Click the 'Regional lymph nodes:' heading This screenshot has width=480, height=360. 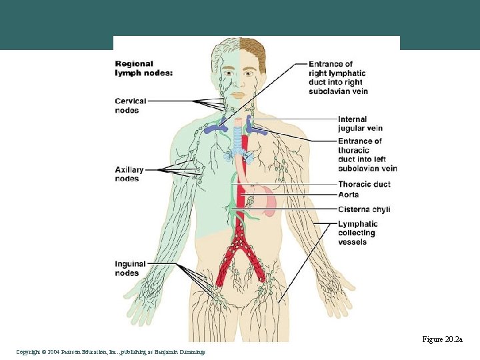coord(143,69)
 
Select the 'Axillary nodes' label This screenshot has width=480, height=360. coord(127,174)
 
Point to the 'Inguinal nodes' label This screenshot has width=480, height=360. coord(127,269)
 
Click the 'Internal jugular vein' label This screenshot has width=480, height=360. coord(360,124)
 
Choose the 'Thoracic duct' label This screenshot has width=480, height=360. coord(364,184)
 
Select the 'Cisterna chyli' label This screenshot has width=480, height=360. coord(364,209)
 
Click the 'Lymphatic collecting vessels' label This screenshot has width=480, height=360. coord(357,233)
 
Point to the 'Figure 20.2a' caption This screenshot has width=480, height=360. coord(442,340)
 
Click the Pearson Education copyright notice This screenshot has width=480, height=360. coord(111,352)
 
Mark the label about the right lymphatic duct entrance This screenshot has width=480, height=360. coord(339,77)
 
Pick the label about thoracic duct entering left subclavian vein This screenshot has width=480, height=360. coord(367,155)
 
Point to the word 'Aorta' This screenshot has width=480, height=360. coord(348,195)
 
